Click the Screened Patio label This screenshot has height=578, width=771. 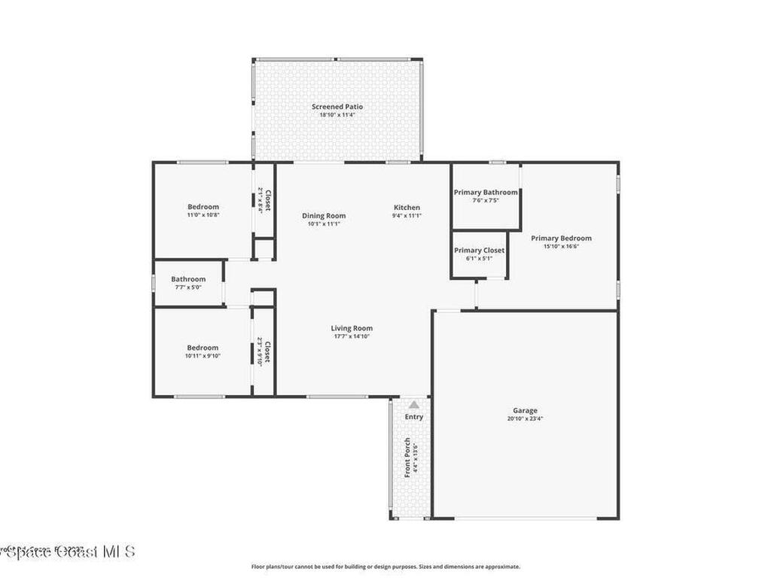337,107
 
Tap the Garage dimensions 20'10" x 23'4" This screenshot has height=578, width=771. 526,418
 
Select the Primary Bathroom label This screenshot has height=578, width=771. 486,192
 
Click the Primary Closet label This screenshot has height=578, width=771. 479,251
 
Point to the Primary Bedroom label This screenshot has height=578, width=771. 561,238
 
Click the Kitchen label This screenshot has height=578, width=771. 407,208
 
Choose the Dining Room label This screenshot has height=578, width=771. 324,215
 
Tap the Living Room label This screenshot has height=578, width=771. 352,328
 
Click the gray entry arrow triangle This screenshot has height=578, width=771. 413,405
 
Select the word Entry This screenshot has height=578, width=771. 414,417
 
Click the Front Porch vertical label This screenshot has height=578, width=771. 407,457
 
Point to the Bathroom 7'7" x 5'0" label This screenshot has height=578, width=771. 188,279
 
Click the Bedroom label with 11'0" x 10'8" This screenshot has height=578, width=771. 203,207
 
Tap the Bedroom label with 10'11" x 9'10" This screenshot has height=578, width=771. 203,348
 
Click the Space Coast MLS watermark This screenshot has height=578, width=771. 68,552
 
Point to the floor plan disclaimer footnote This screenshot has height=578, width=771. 385,567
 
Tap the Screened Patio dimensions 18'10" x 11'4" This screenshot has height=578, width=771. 337,115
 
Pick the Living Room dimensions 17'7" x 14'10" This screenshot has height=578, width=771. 352,336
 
